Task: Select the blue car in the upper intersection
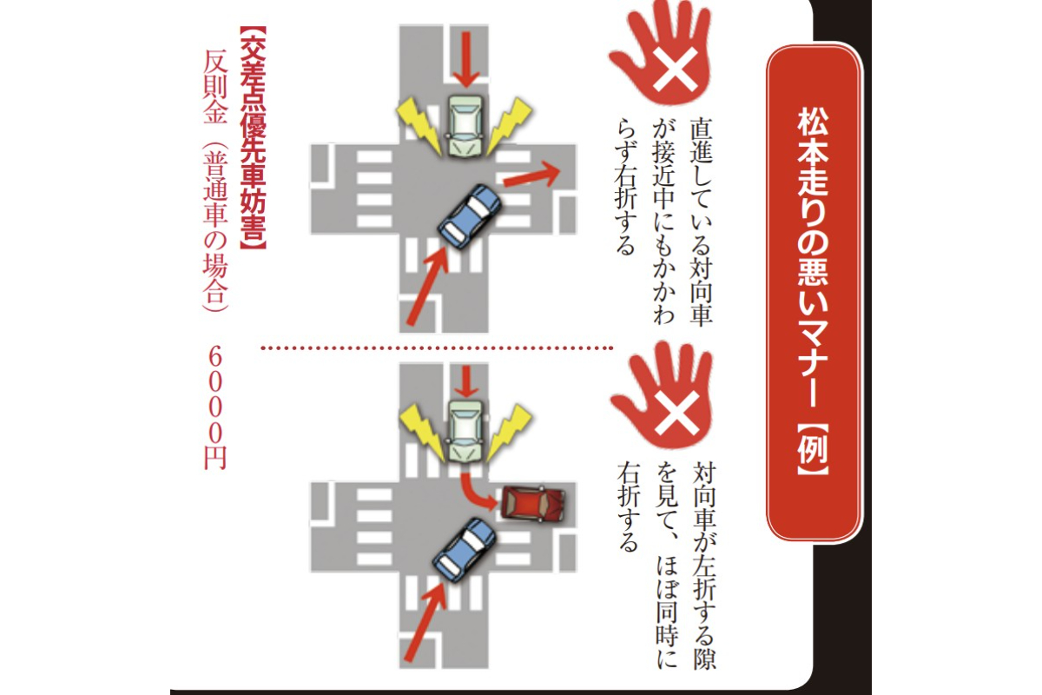point(470,216)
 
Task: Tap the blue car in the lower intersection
point(465,550)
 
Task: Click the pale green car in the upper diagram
point(465,125)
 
